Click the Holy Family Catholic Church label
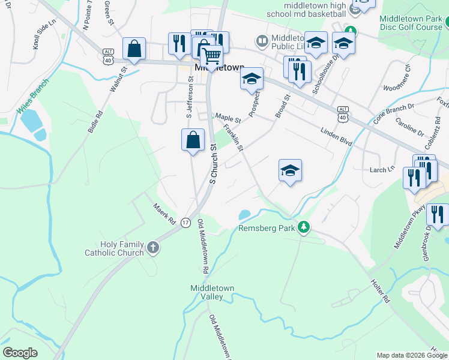(x=122, y=248)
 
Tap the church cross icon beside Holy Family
(x=153, y=247)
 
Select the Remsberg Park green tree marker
(x=304, y=227)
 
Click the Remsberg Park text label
(x=267, y=228)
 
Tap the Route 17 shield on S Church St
(x=185, y=222)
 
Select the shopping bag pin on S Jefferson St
(x=193, y=140)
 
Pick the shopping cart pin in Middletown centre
(x=212, y=57)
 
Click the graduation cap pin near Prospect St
(x=252, y=79)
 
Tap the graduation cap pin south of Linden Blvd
(x=290, y=170)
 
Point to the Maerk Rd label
(x=163, y=210)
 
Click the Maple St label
(x=228, y=118)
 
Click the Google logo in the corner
(x=20, y=353)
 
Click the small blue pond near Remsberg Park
(x=244, y=214)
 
